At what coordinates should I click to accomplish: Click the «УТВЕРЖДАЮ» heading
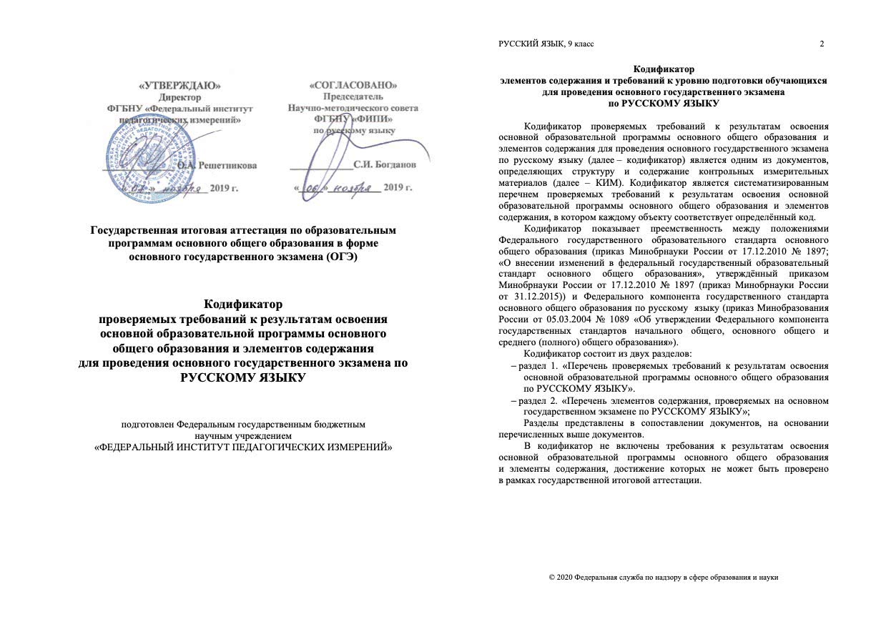180,85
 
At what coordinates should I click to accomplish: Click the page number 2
822,44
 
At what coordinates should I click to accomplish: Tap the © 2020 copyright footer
663,577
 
